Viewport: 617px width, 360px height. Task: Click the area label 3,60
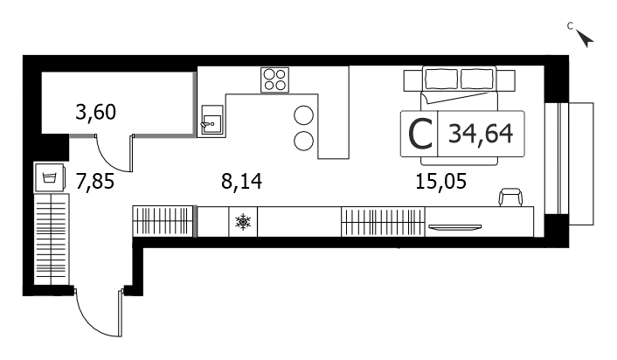[x=95, y=112]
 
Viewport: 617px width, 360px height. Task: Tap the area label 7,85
[x=95, y=182]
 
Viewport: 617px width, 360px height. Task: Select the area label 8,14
[x=241, y=182]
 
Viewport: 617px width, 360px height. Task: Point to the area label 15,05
[x=441, y=182]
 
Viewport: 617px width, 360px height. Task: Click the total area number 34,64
[x=481, y=134]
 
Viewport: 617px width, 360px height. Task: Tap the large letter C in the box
[x=420, y=135]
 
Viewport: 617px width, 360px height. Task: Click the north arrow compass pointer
[x=586, y=38]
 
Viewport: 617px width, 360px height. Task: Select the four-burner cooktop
[x=274, y=80]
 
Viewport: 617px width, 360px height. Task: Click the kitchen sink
[x=211, y=121]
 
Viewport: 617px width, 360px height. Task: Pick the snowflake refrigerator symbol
[x=243, y=222]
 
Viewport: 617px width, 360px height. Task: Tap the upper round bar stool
[x=304, y=115]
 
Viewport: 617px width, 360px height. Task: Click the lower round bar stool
[x=304, y=141]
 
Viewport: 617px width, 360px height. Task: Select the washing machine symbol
[x=50, y=177]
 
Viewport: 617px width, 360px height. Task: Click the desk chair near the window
[x=510, y=197]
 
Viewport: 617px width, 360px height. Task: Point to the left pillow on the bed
[x=441, y=80]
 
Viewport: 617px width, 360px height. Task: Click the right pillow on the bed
[x=477, y=80]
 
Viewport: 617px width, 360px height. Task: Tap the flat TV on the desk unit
[x=454, y=227]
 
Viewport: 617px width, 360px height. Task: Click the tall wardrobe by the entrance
[x=52, y=239]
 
